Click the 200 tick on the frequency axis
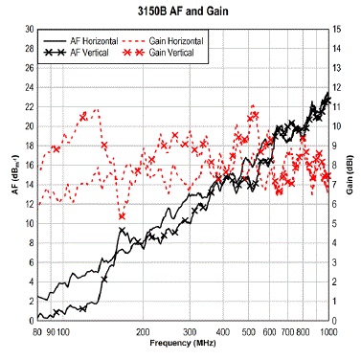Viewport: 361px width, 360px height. pyautogui.click(x=142, y=331)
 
